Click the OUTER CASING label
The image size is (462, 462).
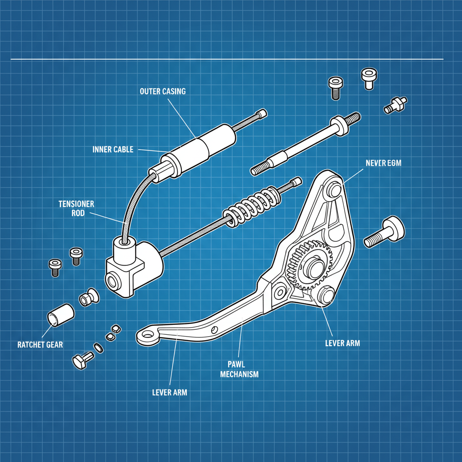[x=162, y=91]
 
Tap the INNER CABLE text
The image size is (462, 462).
[x=113, y=149]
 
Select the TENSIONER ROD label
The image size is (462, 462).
[x=76, y=208]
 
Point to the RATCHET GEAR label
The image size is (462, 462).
[x=40, y=345]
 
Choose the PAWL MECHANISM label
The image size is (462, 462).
[x=239, y=368]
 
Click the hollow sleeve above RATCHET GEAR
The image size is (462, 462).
[x=61, y=314]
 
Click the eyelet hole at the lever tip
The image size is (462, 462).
[x=146, y=335]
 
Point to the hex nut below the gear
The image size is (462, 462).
[x=325, y=296]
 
